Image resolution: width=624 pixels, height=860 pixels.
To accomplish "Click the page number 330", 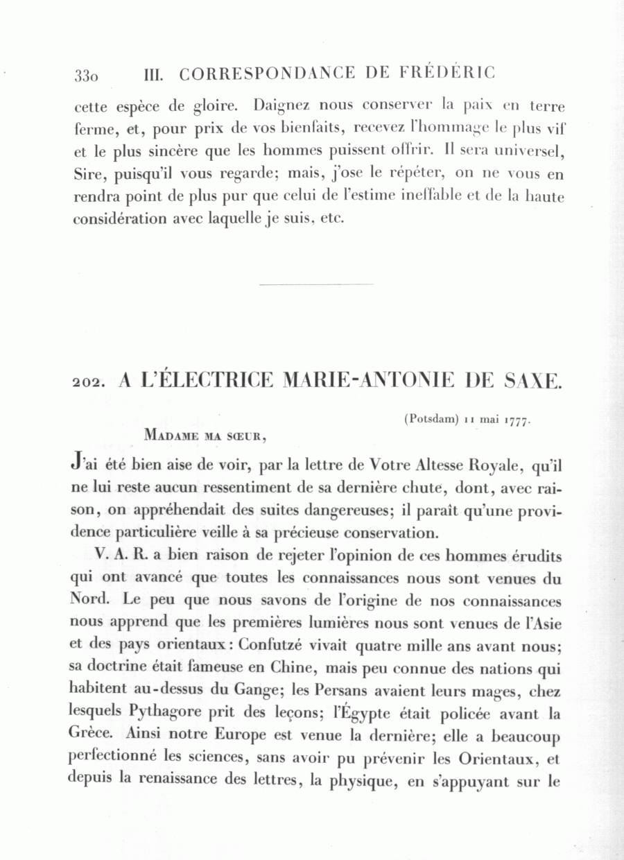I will click(87, 75).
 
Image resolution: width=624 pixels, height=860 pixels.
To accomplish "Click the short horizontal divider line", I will click(315, 284).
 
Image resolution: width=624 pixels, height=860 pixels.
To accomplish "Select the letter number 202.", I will click(88, 381).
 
